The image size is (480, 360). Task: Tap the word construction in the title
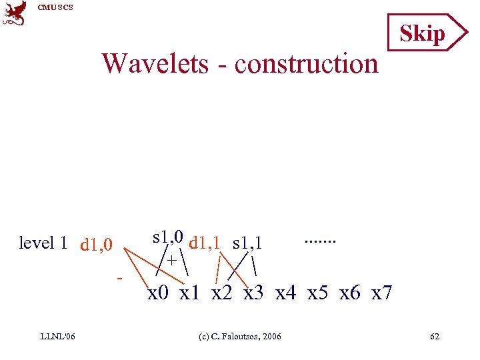[306, 64]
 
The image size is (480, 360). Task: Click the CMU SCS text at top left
[55, 7]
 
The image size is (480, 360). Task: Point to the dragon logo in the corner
[15, 13]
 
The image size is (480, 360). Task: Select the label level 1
[43, 243]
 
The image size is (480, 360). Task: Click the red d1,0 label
[97, 245]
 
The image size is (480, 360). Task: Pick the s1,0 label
[168, 237]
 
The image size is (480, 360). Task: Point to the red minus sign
[119, 276]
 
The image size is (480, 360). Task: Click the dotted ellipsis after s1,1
[320, 239]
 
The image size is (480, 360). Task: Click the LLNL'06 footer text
[57, 336]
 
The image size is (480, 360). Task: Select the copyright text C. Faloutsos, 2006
[241, 336]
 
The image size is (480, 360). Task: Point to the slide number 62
[435, 336]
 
